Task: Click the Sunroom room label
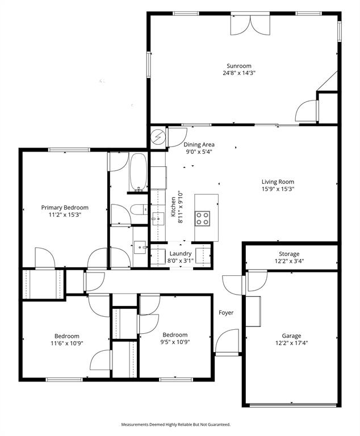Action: [239, 66]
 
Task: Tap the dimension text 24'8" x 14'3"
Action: [239, 73]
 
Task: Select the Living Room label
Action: [278, 182]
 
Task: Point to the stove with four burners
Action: [203, 218]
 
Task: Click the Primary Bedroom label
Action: [65, 208]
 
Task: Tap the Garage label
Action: [291, 336]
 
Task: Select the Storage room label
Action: [289, 254]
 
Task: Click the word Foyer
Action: [226, 313]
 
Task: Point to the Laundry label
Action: [180, 253]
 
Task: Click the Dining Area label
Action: [199, 145]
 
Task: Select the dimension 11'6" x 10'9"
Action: [66, 343]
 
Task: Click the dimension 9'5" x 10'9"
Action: [175, 342]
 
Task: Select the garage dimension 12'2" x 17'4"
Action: [291, 342]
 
